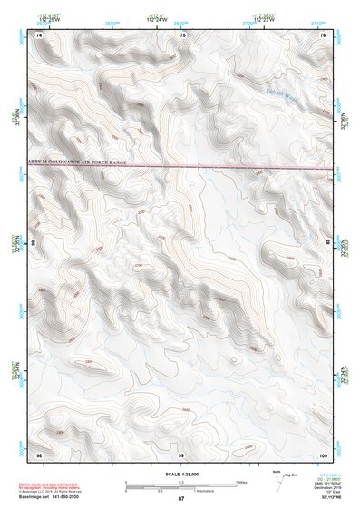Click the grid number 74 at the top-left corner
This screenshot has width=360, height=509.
pyautogui.click(x=39, y=34)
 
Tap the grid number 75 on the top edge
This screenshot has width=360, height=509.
pyautogui.click(x=182, y=34)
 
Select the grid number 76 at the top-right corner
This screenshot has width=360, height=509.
pyautogui.click(x=323, y=34)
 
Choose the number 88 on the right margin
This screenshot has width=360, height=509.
pyautogui.click(x=328, y=243)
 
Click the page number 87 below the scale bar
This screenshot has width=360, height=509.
pyautogui.click(x=181, y=500)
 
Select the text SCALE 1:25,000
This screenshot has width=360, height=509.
pyautogui.click(x=181, y=475)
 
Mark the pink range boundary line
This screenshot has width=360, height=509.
pyautogui.click(x=227, y=167)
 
